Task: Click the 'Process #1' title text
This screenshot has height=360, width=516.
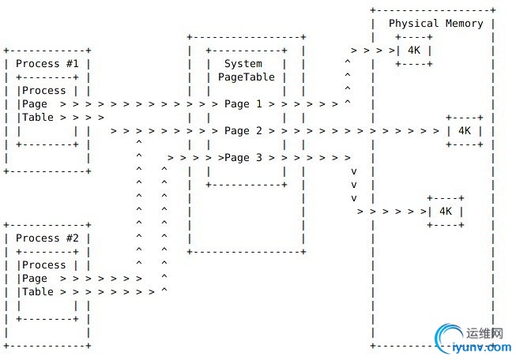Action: click(x=47, y=63)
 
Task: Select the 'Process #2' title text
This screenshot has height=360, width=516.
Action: click(x=47, y=238)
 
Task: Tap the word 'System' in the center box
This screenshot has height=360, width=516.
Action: click(x=243, y=64)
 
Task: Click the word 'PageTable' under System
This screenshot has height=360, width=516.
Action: click(x=247, y=77)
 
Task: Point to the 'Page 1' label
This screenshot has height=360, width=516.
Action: click(x=243, y=104)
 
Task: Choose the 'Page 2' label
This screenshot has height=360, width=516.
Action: click(x=243, y=131)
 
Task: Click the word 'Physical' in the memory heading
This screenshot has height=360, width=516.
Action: click(x=413, y=24)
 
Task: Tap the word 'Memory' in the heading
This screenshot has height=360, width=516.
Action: click(x=465, y=24)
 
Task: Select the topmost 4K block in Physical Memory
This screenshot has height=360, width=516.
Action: click(x=414, y=51)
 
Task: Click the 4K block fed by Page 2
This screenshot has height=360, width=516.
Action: click(x=465, y=131)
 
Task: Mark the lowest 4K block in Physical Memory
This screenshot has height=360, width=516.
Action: click(x=446, y=212)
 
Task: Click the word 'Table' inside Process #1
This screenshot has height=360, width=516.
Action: click(x=38, y=117)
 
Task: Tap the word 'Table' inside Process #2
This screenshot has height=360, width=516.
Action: click(x=38, y=291)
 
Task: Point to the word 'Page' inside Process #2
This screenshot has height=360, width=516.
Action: click(x=35, y=279)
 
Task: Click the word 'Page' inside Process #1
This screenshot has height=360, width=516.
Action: click(x=35, y=104)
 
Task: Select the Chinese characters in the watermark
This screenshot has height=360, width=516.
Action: click(x=484, y=333)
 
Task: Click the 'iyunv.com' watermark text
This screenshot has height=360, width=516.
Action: click(x=482, y=347)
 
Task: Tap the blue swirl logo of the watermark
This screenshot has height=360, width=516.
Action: click(x=447, y=337)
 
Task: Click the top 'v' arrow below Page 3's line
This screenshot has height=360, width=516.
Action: click(x=354, y=171)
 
